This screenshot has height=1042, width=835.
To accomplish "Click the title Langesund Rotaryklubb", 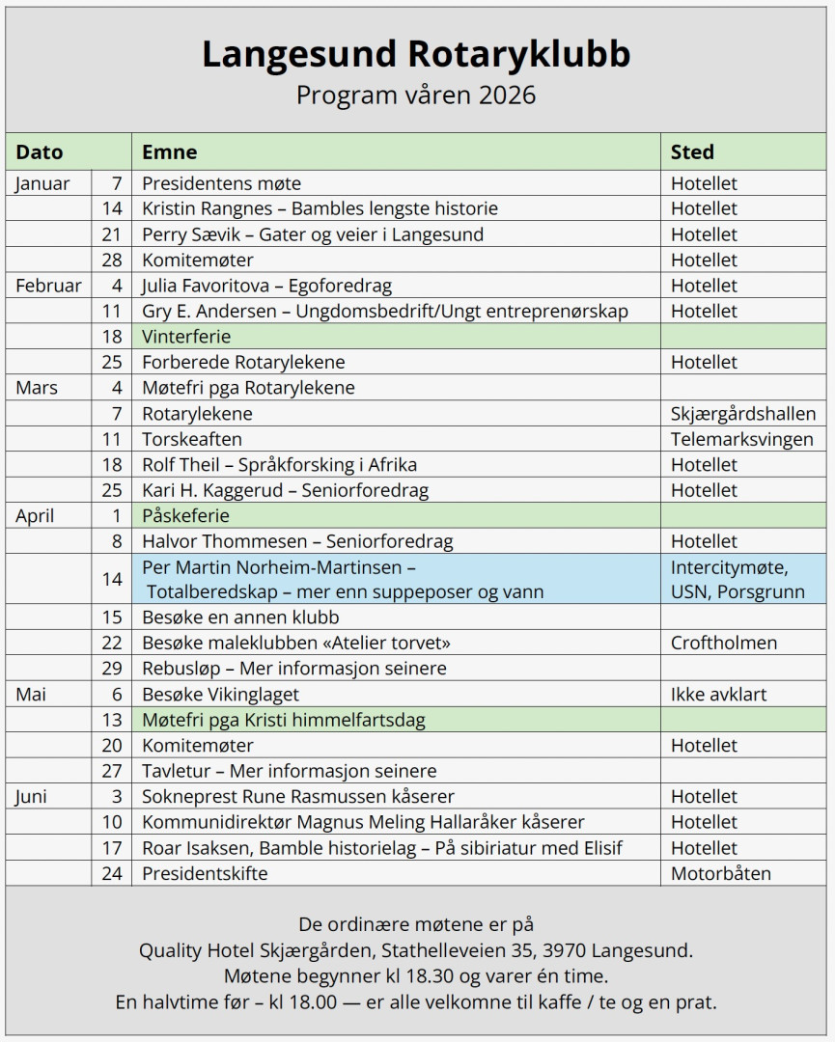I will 416,54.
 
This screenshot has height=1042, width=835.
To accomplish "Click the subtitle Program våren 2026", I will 416,96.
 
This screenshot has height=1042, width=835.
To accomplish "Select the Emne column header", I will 170,151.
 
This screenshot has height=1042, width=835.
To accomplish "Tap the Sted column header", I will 693,151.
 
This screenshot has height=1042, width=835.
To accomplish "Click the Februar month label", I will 48,286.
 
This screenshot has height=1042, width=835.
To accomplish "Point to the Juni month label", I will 32,797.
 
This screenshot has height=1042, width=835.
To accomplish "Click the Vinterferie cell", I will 186,337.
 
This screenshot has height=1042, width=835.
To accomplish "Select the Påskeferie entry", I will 185,516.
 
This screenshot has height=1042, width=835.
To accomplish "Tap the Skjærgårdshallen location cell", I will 743,414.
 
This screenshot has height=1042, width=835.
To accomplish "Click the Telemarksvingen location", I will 741,439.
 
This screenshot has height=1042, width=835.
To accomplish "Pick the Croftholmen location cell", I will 724,643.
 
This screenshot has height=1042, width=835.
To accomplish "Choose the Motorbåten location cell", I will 721,873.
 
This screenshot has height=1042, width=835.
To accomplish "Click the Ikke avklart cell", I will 718,694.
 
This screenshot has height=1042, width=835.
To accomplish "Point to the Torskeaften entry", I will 192,439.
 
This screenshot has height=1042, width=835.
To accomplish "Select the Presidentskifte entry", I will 205,873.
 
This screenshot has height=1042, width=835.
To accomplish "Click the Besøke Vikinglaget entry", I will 221,694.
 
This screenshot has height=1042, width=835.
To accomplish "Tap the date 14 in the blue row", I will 113,579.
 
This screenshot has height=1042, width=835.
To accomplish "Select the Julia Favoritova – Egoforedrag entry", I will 266,286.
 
